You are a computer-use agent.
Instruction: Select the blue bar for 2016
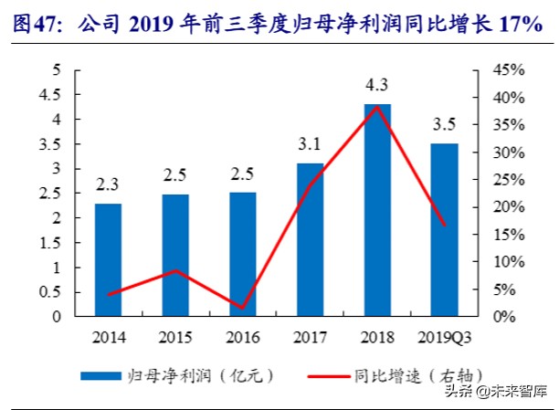[243, 255]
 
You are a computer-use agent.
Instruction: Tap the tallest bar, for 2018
[377, 210]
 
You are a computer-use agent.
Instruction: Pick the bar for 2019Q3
[444, 230]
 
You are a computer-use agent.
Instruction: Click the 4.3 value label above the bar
[377, 88]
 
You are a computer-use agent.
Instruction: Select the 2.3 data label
[109, 185]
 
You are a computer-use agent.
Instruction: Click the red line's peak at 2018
[377, 106]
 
